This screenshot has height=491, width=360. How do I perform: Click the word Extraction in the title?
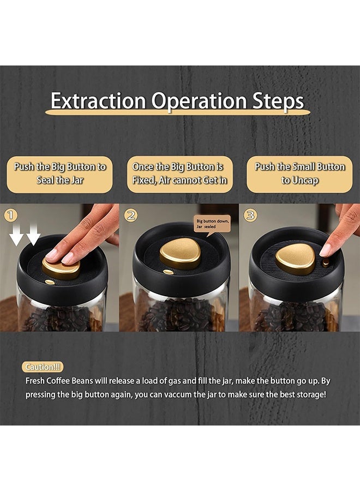[98, 101]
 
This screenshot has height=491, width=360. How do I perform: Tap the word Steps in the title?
[278, 101]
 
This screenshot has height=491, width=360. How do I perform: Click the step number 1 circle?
[11, 215]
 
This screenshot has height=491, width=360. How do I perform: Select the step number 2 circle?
[131, 215]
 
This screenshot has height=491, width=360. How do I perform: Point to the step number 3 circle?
[250, 215]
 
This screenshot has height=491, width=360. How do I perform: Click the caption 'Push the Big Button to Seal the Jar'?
[60, 173]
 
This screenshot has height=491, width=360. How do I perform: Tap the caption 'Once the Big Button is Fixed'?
[179, 173]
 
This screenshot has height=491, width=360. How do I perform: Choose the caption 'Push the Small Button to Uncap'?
[299, 173]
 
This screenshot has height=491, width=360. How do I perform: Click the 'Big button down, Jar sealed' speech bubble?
[213, 224]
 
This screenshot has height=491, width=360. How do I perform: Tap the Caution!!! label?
[43, 367]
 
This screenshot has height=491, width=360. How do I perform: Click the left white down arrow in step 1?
[16, 234]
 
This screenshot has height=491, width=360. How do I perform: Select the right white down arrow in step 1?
[33, 234]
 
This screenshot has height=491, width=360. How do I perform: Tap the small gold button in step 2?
[169, 272]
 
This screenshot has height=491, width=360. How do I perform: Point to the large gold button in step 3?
[295, 259]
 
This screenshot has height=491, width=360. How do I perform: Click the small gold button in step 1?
[50, 282]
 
